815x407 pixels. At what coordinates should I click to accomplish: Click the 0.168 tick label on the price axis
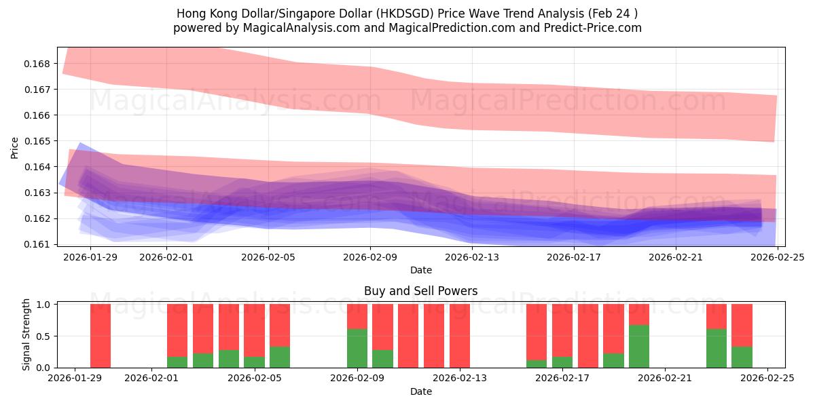point(40,64)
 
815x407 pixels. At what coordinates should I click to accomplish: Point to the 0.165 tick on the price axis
point(40,141)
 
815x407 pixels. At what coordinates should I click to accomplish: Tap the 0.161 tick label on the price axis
point(40,244)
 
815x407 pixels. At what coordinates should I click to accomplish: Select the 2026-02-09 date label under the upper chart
point(370,257)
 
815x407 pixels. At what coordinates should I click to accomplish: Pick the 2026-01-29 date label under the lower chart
point(75,379)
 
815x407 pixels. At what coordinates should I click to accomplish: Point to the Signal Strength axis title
point(27,334)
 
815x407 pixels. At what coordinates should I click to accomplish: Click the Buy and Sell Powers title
point(420,291)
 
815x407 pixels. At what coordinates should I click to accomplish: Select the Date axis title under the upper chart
point(420,270)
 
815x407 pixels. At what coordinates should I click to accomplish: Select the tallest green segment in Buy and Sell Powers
point(638,346)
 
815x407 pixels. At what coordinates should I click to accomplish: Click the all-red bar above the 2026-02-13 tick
point(460,336)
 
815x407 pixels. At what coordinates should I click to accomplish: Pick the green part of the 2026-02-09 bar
point(357,348)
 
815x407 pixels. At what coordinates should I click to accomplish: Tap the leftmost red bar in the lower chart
point(101,336)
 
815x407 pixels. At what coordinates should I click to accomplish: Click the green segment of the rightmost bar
point(742,357)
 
